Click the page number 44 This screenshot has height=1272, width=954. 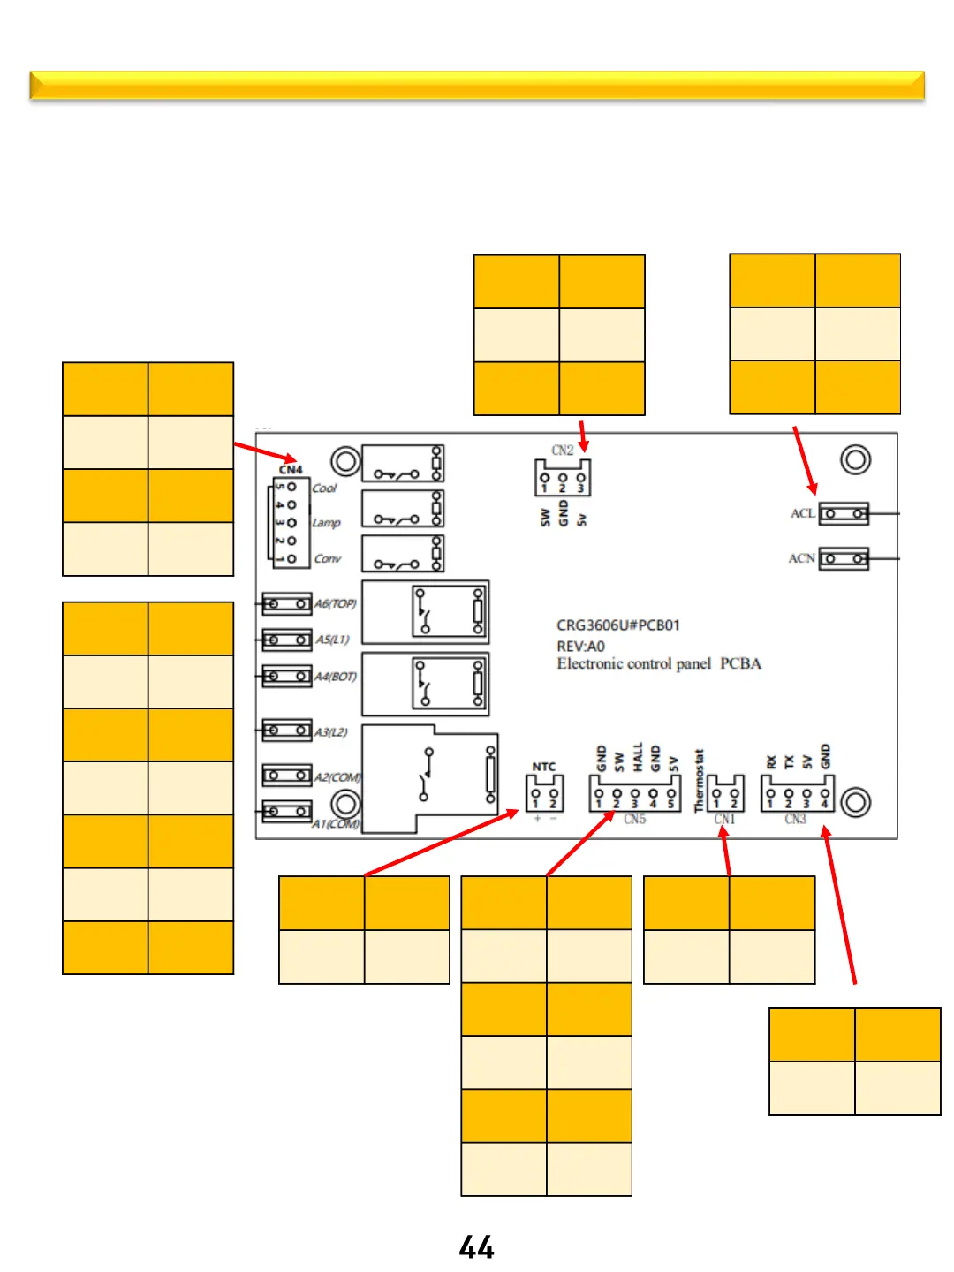(x=476, y=1246)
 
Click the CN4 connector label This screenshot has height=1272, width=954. (x=291, y=469)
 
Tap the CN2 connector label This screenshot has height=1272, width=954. (x=563, y=450)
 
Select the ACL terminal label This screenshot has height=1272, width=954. (x=802, y=513)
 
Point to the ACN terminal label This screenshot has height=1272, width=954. (x=801, y=558)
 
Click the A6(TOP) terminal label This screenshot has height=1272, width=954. (x=336, y=604)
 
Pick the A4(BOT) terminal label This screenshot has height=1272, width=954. (x=336, y=677)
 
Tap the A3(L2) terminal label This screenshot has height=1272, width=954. (x=331, y=731)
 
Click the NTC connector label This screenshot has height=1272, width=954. (x=544, y=766)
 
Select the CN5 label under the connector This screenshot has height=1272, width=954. (x=634, y=820)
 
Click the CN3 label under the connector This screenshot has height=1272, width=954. (x=795, y=820)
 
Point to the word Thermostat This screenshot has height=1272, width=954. (x=699, y=781)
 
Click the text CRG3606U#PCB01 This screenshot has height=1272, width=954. (x=617, y=625)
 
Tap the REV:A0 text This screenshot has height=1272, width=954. (x=580, y=646)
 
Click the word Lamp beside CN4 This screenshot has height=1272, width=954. (x=326, y=523)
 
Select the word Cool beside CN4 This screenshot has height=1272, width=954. (x=324, y=488)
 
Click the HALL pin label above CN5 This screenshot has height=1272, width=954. (x=637, y=757)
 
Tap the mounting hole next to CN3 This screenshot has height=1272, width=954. (x=855, y=802)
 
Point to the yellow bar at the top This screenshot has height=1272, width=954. (x=477, y=85)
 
